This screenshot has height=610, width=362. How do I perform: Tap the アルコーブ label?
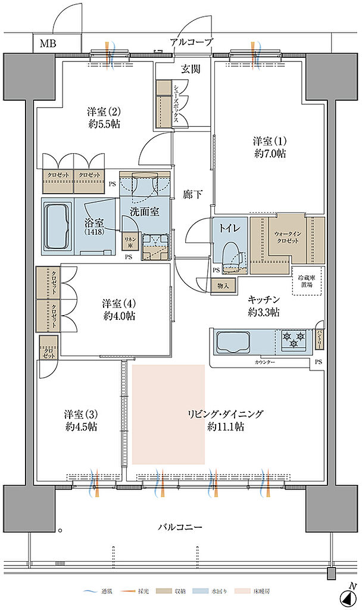[x=191, y=42]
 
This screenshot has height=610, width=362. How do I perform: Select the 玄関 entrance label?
[x=191, y=69]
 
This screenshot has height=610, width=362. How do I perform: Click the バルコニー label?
[x=180, y=527]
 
